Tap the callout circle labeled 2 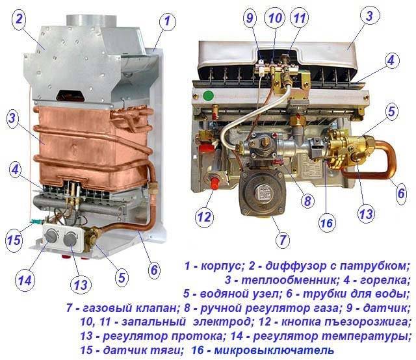point(19,19)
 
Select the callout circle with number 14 point(25,281)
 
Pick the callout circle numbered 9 point(250,19)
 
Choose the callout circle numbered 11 point(299,19)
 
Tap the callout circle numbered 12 point(203,215)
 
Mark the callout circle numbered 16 point(326,223)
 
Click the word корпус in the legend point(222,266)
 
